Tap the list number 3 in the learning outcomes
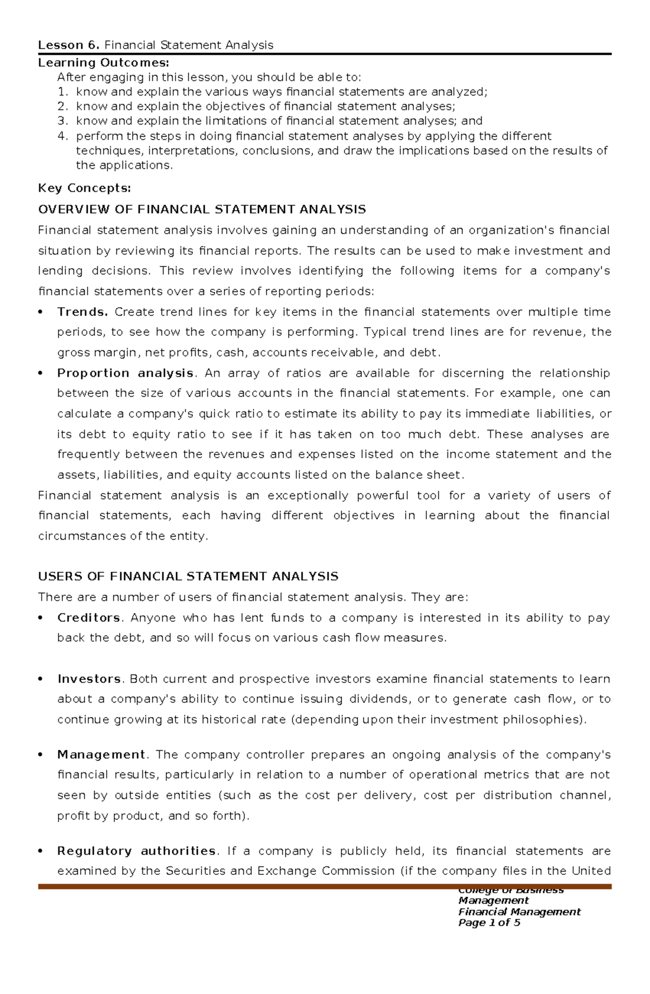[x=62, y=121]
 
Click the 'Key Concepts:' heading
[x=84, y=188]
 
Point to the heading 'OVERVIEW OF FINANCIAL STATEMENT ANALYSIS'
[x=202, y=209]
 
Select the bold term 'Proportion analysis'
[x=126, y=373]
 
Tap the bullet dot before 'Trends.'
[x=41, y=313]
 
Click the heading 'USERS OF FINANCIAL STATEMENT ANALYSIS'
[x=188, y=576]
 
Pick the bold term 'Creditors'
[x=89, y=618]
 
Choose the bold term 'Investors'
[x=89, y=679]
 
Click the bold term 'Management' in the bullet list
[x=101, y=755]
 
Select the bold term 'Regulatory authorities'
[x=136, y=851]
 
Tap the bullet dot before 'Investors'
[x=41, y=680]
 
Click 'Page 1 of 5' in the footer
[x=489, y=922]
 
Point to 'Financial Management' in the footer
[x=519, y=912]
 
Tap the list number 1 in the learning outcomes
[x=62, y=92]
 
